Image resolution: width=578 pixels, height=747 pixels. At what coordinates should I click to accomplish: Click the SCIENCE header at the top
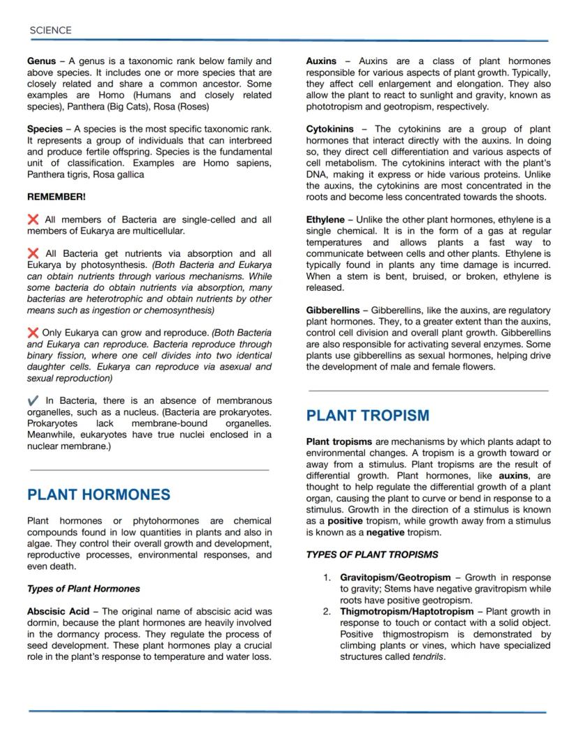click(50, 30)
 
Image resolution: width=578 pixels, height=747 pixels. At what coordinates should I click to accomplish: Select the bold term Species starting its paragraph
click(45, 129)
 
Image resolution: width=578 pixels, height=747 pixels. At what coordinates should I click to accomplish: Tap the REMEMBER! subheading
click(57, 197)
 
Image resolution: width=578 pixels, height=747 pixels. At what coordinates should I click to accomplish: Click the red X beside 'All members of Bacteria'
click(33, 220)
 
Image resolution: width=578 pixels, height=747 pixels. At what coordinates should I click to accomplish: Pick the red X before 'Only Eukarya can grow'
click(33, 333)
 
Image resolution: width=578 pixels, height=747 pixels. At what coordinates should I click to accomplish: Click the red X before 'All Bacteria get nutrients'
click(33, 254)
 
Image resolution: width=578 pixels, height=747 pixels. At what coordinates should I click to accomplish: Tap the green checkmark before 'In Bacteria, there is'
click(33, 401)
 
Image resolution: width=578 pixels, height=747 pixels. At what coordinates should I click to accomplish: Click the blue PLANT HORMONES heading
click(98, 495)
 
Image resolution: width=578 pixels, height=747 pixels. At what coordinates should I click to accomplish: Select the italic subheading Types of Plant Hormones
click(83, 589)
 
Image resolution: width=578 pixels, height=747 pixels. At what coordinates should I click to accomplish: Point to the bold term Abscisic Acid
click(58, 612)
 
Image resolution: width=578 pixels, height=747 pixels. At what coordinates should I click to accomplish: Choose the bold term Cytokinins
click(330, 129)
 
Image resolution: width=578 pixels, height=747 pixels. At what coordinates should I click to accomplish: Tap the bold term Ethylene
click(325, 220)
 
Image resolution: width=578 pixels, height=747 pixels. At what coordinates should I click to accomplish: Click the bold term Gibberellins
click(332, 310)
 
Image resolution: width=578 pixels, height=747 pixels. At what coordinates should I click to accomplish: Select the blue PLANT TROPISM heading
click(368, 416)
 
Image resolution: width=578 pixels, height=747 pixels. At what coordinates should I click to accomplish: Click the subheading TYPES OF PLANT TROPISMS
click(372, 555)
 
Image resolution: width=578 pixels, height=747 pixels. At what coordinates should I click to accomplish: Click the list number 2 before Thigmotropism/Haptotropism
click(327, 612)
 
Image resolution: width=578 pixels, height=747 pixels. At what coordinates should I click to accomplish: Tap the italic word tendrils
click(428, 657)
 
